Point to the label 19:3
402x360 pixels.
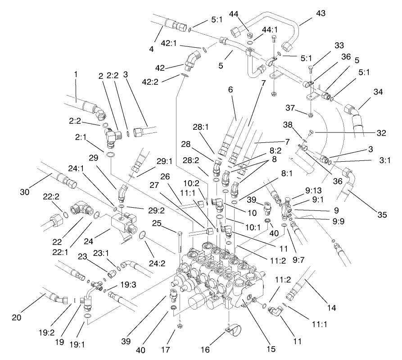point(128,285)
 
